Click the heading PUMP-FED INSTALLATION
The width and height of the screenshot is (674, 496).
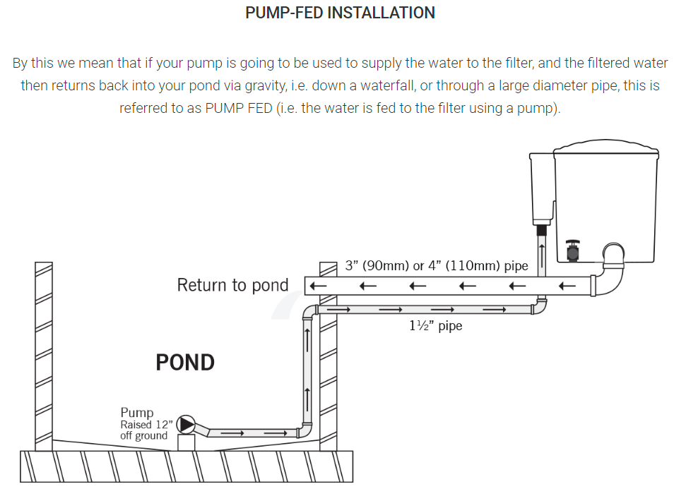click(x=340, y=13)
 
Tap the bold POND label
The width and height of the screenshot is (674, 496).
click(x=185, y=363)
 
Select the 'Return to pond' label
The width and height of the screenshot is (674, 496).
click(x=232, y=285)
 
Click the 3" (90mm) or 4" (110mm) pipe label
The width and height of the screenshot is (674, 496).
click(x=437, y=266)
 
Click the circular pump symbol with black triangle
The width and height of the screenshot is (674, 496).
click(x=185, y=423)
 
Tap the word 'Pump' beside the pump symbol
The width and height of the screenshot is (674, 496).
click(x=136, y=413)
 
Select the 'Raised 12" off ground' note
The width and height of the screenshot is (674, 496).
click(x=144, y=430)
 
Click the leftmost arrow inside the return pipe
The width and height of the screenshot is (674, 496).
click(x=318, y=286)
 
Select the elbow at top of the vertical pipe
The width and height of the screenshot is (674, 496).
click(x=309, y=312)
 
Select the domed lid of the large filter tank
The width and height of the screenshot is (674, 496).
click(x=605, y=146)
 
